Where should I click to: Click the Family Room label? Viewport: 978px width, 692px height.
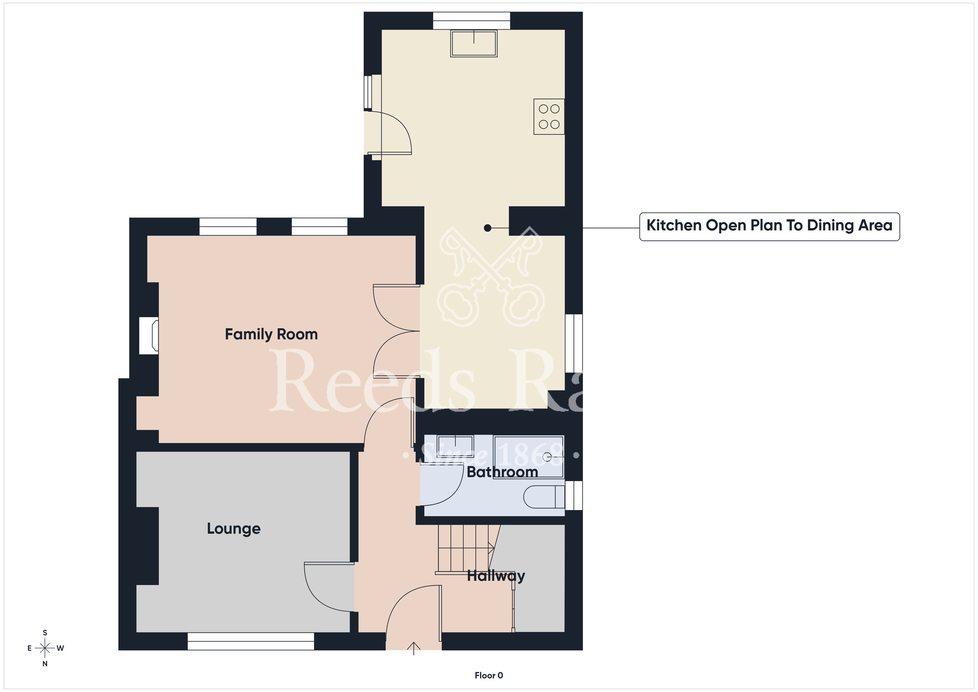pos(271,334)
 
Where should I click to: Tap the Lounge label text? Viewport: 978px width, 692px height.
pos(233,529)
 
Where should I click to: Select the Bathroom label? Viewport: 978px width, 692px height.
pos(502,472)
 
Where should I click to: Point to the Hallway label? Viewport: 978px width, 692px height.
pos(496,576)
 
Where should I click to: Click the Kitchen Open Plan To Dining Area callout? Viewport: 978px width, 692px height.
pos(769,226)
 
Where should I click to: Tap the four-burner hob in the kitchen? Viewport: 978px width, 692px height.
pos(549,116)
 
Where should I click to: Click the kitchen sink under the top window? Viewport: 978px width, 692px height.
pos(473,44)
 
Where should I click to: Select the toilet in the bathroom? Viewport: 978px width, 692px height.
pos(544,497)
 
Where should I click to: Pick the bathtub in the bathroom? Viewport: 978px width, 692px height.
pos(529,457)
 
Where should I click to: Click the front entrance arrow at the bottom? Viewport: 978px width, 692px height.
pos(414,648)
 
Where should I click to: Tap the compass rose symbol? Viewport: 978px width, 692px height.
pos(45,648)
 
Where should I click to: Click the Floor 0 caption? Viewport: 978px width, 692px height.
pos(489,675)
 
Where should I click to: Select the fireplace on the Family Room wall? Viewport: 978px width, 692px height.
pos(149,336)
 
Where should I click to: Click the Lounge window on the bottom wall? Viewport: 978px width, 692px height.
pos(250,641)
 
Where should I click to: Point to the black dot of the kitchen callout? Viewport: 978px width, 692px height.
pos(488,228)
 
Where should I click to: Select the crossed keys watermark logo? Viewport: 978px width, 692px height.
pos(490,277)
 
